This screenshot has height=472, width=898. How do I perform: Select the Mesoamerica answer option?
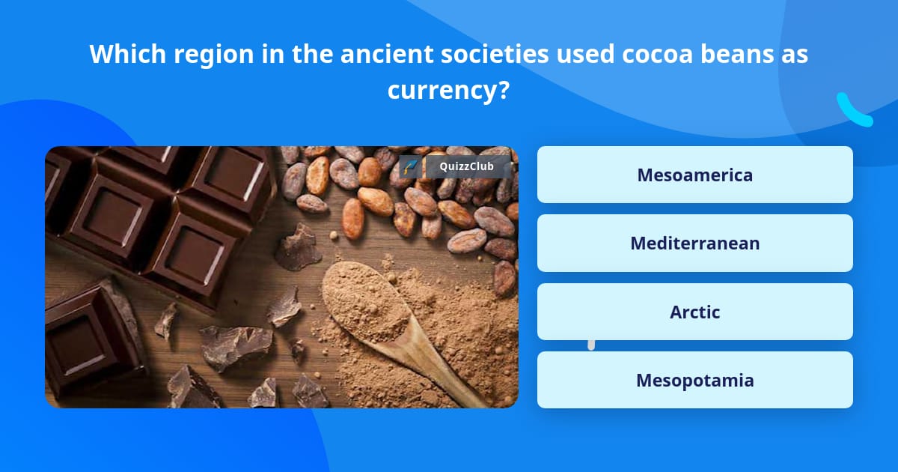tap(694, 175)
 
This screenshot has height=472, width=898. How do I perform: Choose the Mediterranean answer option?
tap(694, 243)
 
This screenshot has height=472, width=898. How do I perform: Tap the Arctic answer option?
tap(694, 312)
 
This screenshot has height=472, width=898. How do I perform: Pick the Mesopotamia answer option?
tap(694, 380)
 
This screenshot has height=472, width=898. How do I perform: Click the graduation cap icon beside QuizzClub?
tap(410, 166)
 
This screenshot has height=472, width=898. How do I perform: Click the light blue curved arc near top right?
tap(853, 110)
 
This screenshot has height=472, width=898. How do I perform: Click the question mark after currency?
tap(504, 90)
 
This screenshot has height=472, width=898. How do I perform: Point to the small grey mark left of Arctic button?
tap(591, 345)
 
